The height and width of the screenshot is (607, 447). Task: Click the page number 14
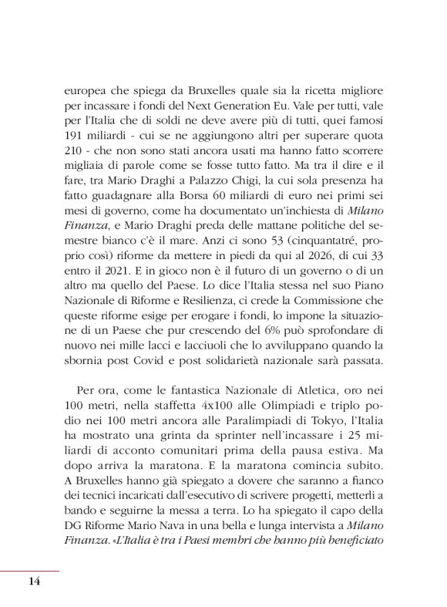tap(33, 581)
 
